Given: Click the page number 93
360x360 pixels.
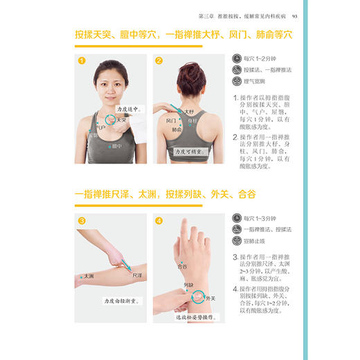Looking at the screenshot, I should [x=295, y=17].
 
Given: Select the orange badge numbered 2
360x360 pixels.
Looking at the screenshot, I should [x=159, y=61].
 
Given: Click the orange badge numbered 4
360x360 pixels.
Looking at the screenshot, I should [x=159, y=222].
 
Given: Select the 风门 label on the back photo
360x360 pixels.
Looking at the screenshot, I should [x=172, y=120].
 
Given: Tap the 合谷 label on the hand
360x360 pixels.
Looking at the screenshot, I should [x=183, y=265].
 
